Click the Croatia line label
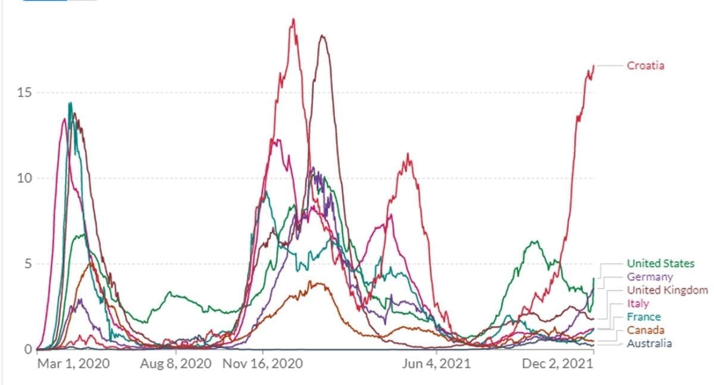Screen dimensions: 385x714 pos(646,65)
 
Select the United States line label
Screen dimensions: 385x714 pos(660,264)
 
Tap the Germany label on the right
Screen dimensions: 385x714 pos(650,277)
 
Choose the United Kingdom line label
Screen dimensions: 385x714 pos(668,290)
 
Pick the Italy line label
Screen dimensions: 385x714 pos(638,304)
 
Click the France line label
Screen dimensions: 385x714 pos(644,317)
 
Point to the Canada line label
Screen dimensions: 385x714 pos(646,330)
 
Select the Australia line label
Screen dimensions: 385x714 pos(650,343)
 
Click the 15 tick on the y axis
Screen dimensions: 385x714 pos(20,93)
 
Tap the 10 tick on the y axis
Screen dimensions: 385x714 pos(20,179)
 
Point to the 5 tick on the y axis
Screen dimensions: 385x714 pos(24,264)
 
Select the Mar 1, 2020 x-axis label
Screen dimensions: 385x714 pos(74,364)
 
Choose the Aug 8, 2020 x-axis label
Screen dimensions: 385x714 pos(176,364)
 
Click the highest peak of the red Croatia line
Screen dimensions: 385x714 pos(293,19)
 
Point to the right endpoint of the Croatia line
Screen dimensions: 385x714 pos(594,65)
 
